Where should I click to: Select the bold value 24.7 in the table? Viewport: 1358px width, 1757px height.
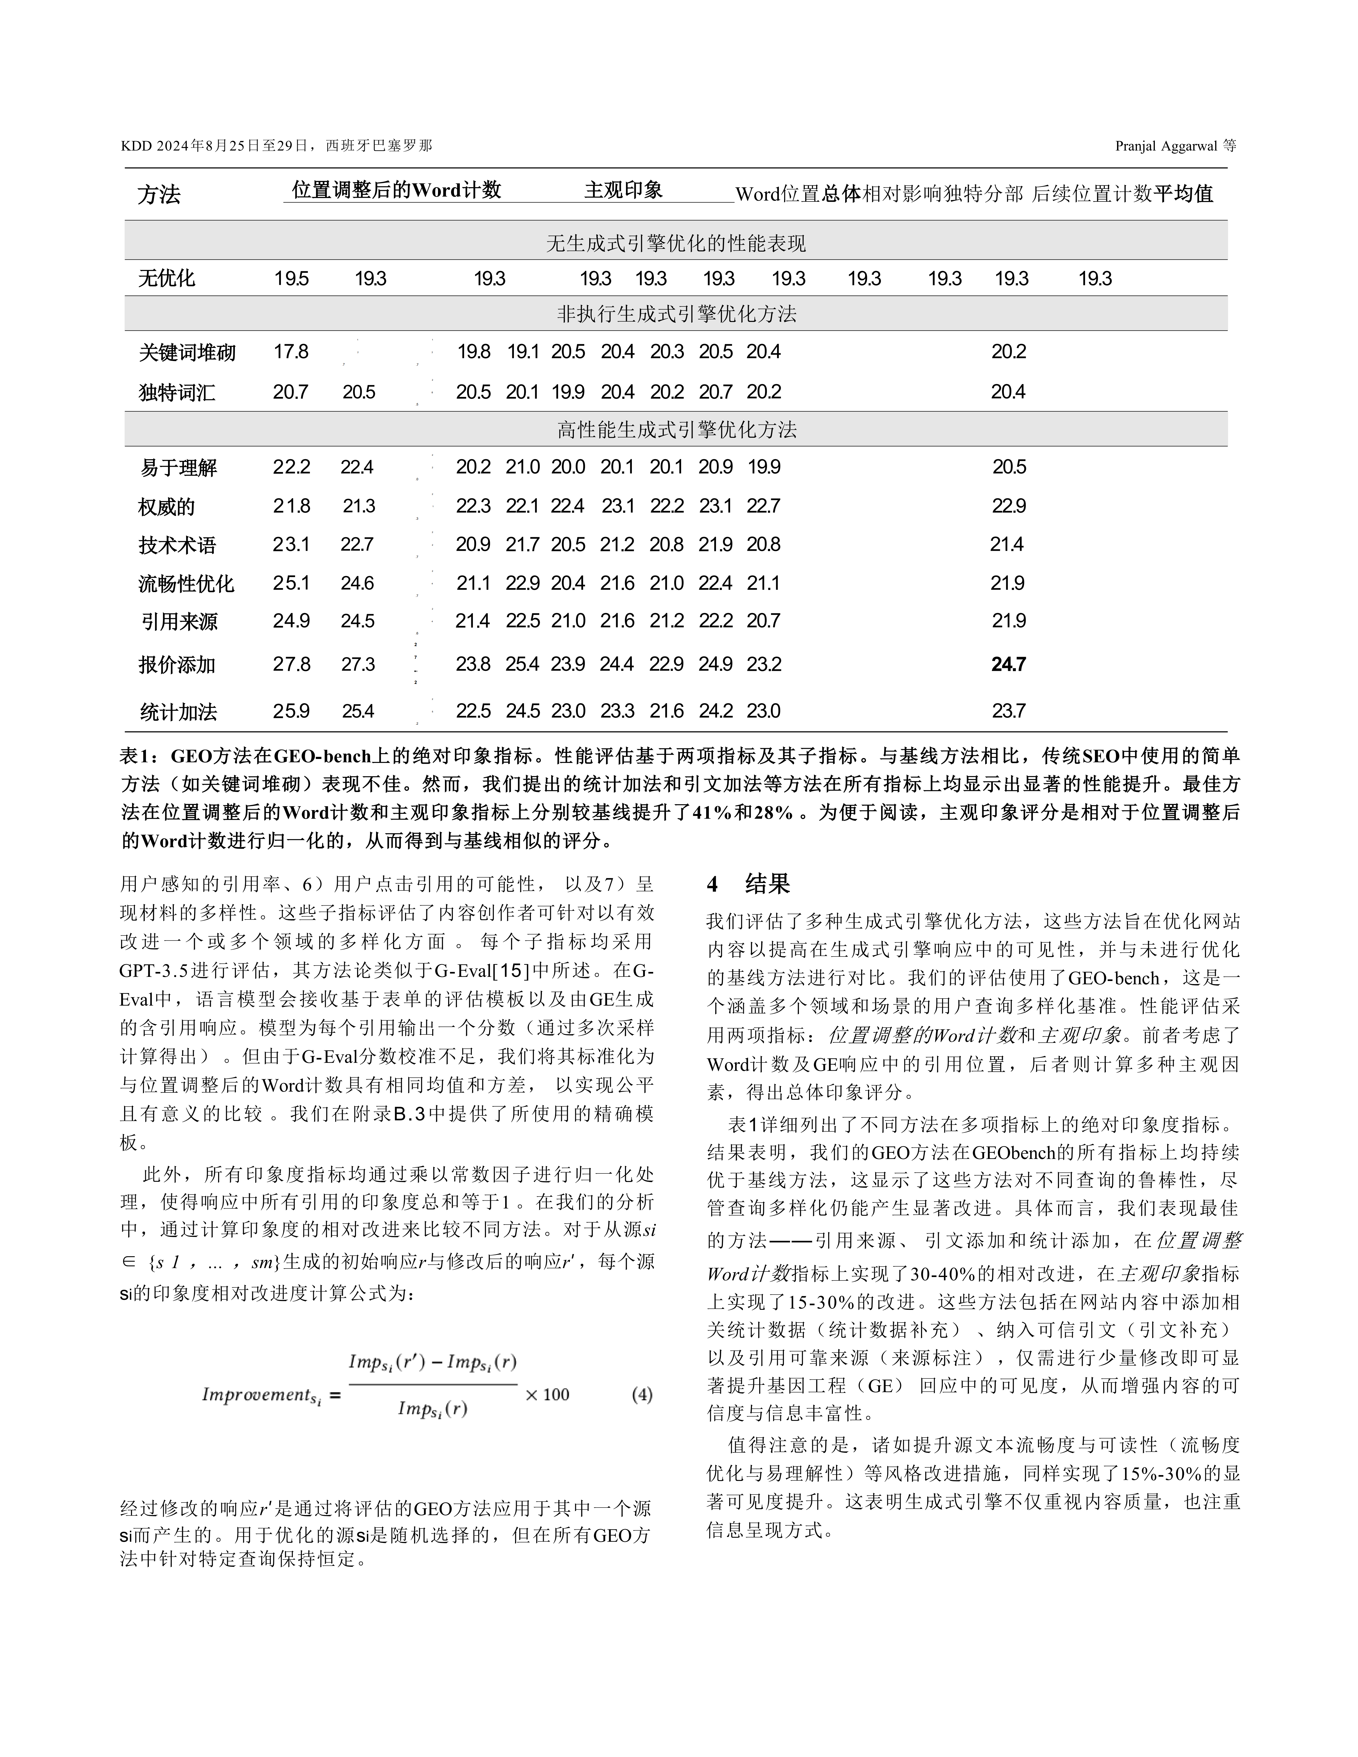1008,664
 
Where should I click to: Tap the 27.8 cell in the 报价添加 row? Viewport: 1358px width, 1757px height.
291,664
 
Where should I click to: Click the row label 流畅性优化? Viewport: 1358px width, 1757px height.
186,583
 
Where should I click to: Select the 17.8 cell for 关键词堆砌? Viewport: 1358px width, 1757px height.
291,352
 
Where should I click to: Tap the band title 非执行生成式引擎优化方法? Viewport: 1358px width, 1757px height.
676,314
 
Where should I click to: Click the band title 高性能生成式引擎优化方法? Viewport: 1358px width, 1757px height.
676,430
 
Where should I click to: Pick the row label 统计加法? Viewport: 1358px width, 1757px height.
178,712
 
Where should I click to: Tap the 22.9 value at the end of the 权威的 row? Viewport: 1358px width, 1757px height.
1008,506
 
